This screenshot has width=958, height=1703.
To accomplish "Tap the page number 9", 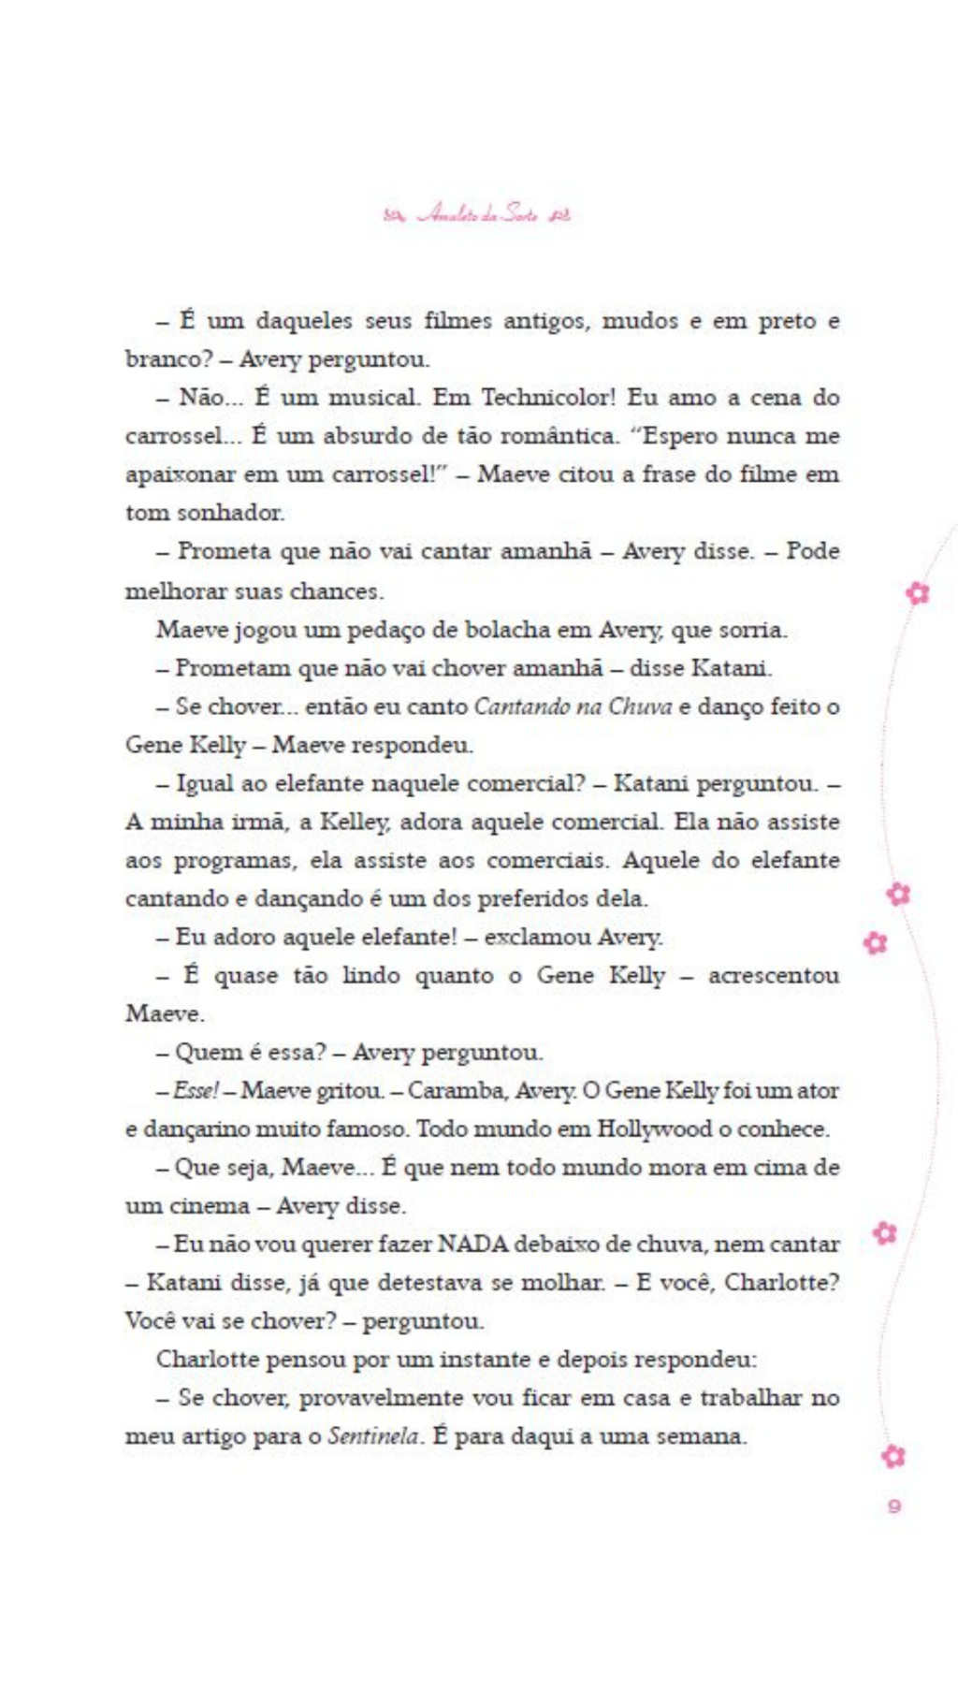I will pos(894,1506).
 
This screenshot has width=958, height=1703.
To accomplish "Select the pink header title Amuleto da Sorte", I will pos(477,215).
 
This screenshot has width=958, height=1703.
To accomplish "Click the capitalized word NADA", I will pos(472,1244).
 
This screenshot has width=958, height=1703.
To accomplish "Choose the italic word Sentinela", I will pos(373,1436).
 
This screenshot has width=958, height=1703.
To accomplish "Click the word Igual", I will pos(205,784).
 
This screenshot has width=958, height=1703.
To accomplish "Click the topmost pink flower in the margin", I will pos(919,592).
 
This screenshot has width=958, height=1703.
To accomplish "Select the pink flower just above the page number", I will pos(893,1456).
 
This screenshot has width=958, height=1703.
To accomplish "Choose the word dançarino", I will pos(192,1129).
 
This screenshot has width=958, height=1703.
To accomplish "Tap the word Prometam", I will pos(222,668).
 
